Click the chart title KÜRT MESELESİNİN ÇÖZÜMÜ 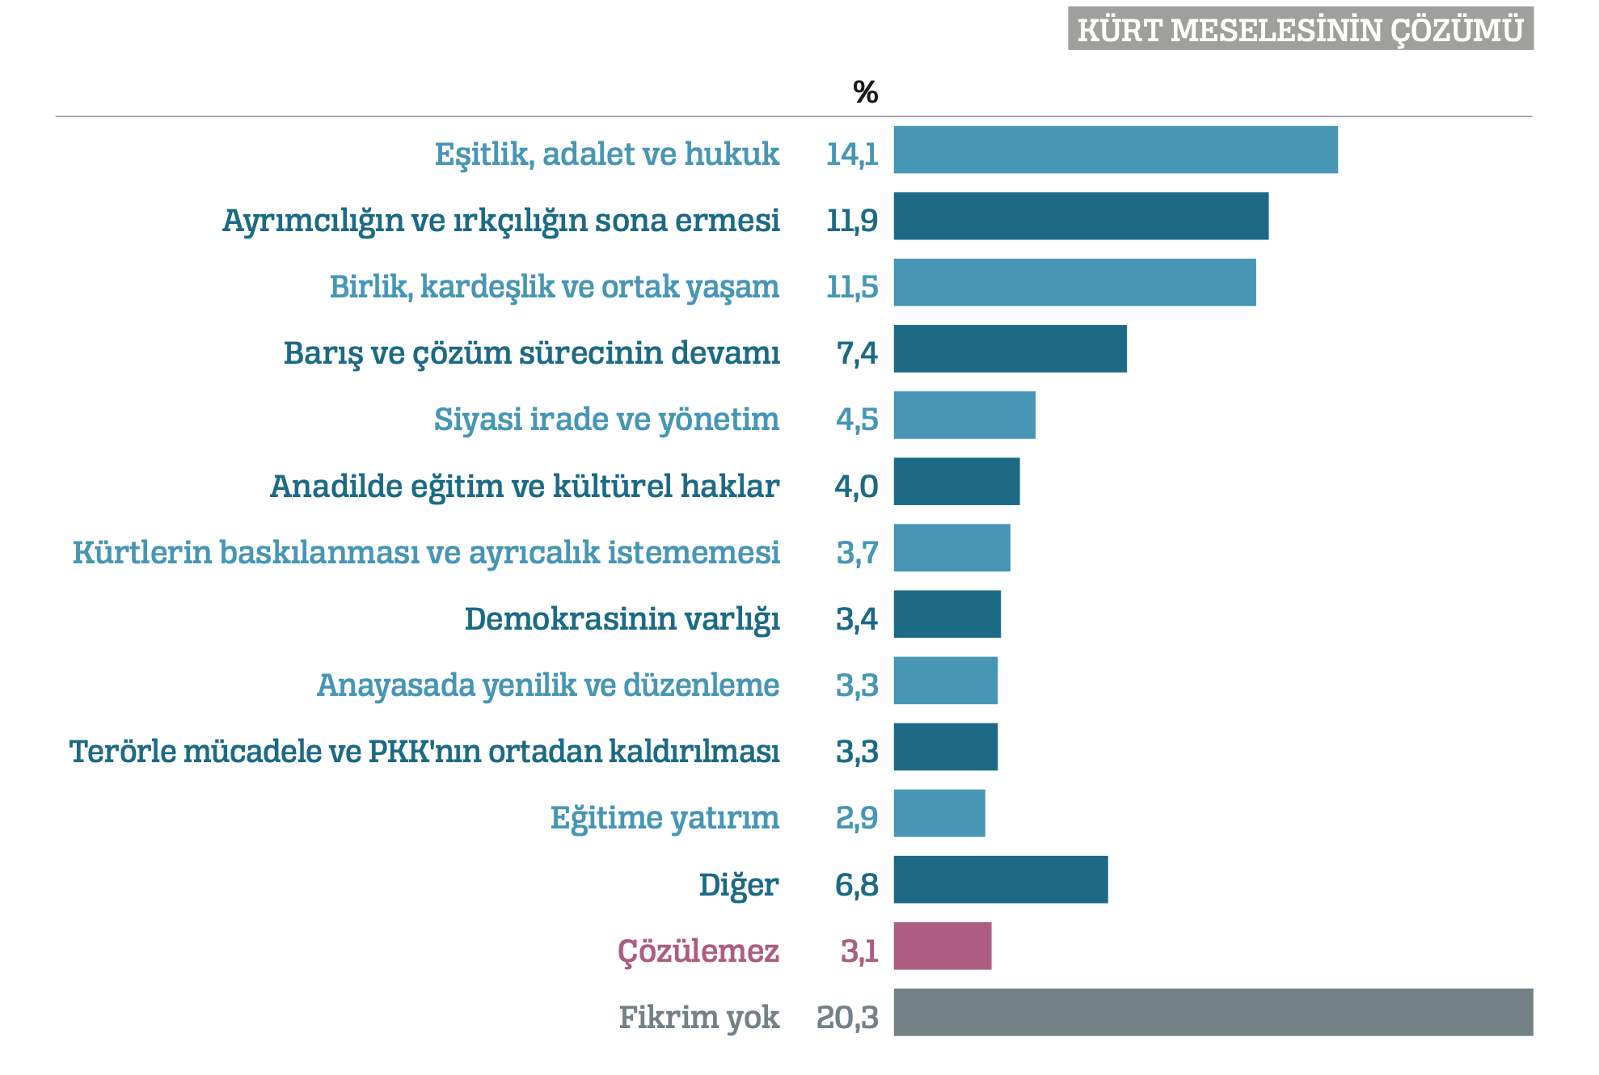(1300, 30)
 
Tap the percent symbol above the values (865, 92)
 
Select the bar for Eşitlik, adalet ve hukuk (1115, 150)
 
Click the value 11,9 (851, 220)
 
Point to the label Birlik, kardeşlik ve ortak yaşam (554, 287)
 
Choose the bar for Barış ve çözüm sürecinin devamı (1010, 348)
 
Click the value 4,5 (856, 419)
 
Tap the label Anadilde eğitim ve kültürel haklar (524, 487)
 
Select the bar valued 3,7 (951, 547)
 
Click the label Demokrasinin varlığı (622, 619)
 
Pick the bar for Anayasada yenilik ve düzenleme (945, 680)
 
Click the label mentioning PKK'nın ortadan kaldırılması (424, 752)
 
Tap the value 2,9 (856, 818)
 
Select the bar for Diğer (1000, 879)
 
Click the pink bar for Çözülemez (942, 946)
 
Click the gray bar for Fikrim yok (1213, 1012)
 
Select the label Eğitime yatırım (664, 818)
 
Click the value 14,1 (851, 154)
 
